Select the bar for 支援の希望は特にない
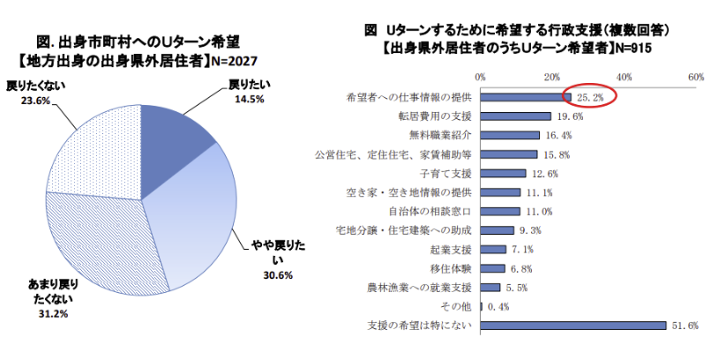point(573,326)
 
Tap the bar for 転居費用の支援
point(515,116)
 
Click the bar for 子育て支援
point(503,173)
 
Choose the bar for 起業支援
point(493,249)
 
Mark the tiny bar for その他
point(481,306)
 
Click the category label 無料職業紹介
point(441,135)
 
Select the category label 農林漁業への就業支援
point(420,288)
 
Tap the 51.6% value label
point(685,326)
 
